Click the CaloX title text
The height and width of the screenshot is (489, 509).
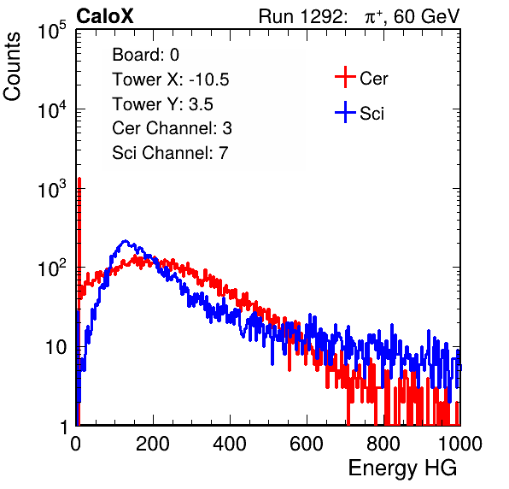[x=105, y=16]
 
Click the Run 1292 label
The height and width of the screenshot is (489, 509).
[x=301, y=16]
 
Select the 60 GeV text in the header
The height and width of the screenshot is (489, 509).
[x=426, y=16]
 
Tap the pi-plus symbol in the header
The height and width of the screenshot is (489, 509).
[x=373, y=17]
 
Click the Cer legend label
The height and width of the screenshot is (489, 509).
[x=373, y=79]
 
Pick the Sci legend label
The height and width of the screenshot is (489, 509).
[x=372, y=114]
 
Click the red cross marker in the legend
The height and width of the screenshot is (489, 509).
[x=345, y=77]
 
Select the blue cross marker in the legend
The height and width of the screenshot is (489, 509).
[x=345, y=112]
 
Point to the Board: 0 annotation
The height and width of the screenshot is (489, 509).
[x=146, y=55]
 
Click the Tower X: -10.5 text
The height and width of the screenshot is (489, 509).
[x=171, y=80]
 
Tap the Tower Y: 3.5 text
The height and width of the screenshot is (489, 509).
[x=162, y=104]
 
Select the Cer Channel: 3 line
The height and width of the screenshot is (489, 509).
[x=172, y=128]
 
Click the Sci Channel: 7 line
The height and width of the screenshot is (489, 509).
[x=170, y=153]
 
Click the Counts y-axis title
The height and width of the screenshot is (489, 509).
[x=12, y=67]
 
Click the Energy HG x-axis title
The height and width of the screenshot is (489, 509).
[x=402, y=468]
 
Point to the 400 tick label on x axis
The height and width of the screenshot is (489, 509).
[x=230, y=444]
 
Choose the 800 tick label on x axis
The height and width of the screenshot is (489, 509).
[x=383, y=444]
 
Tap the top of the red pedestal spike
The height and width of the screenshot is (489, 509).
[x=79, y=178]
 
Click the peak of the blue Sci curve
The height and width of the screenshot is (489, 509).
[x=126, y=241]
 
